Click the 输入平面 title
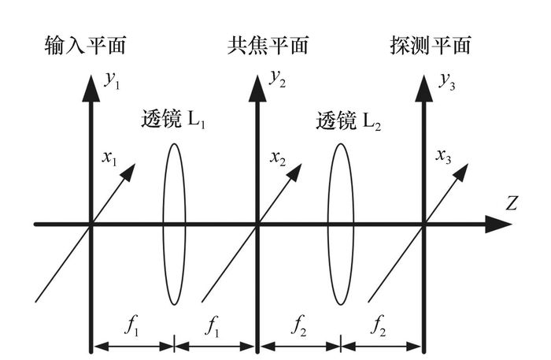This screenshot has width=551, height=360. click(x=85, y=46)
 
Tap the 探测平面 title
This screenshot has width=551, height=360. click(x=430, y=46)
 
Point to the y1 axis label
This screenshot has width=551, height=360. click(x=111, y=80)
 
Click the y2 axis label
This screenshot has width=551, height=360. click(x=278, y=79)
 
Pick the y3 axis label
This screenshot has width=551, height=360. click(x=445, y=80)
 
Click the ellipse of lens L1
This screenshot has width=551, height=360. click(x=174, y=224)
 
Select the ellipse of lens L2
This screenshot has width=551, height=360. click(x=339, y=224)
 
